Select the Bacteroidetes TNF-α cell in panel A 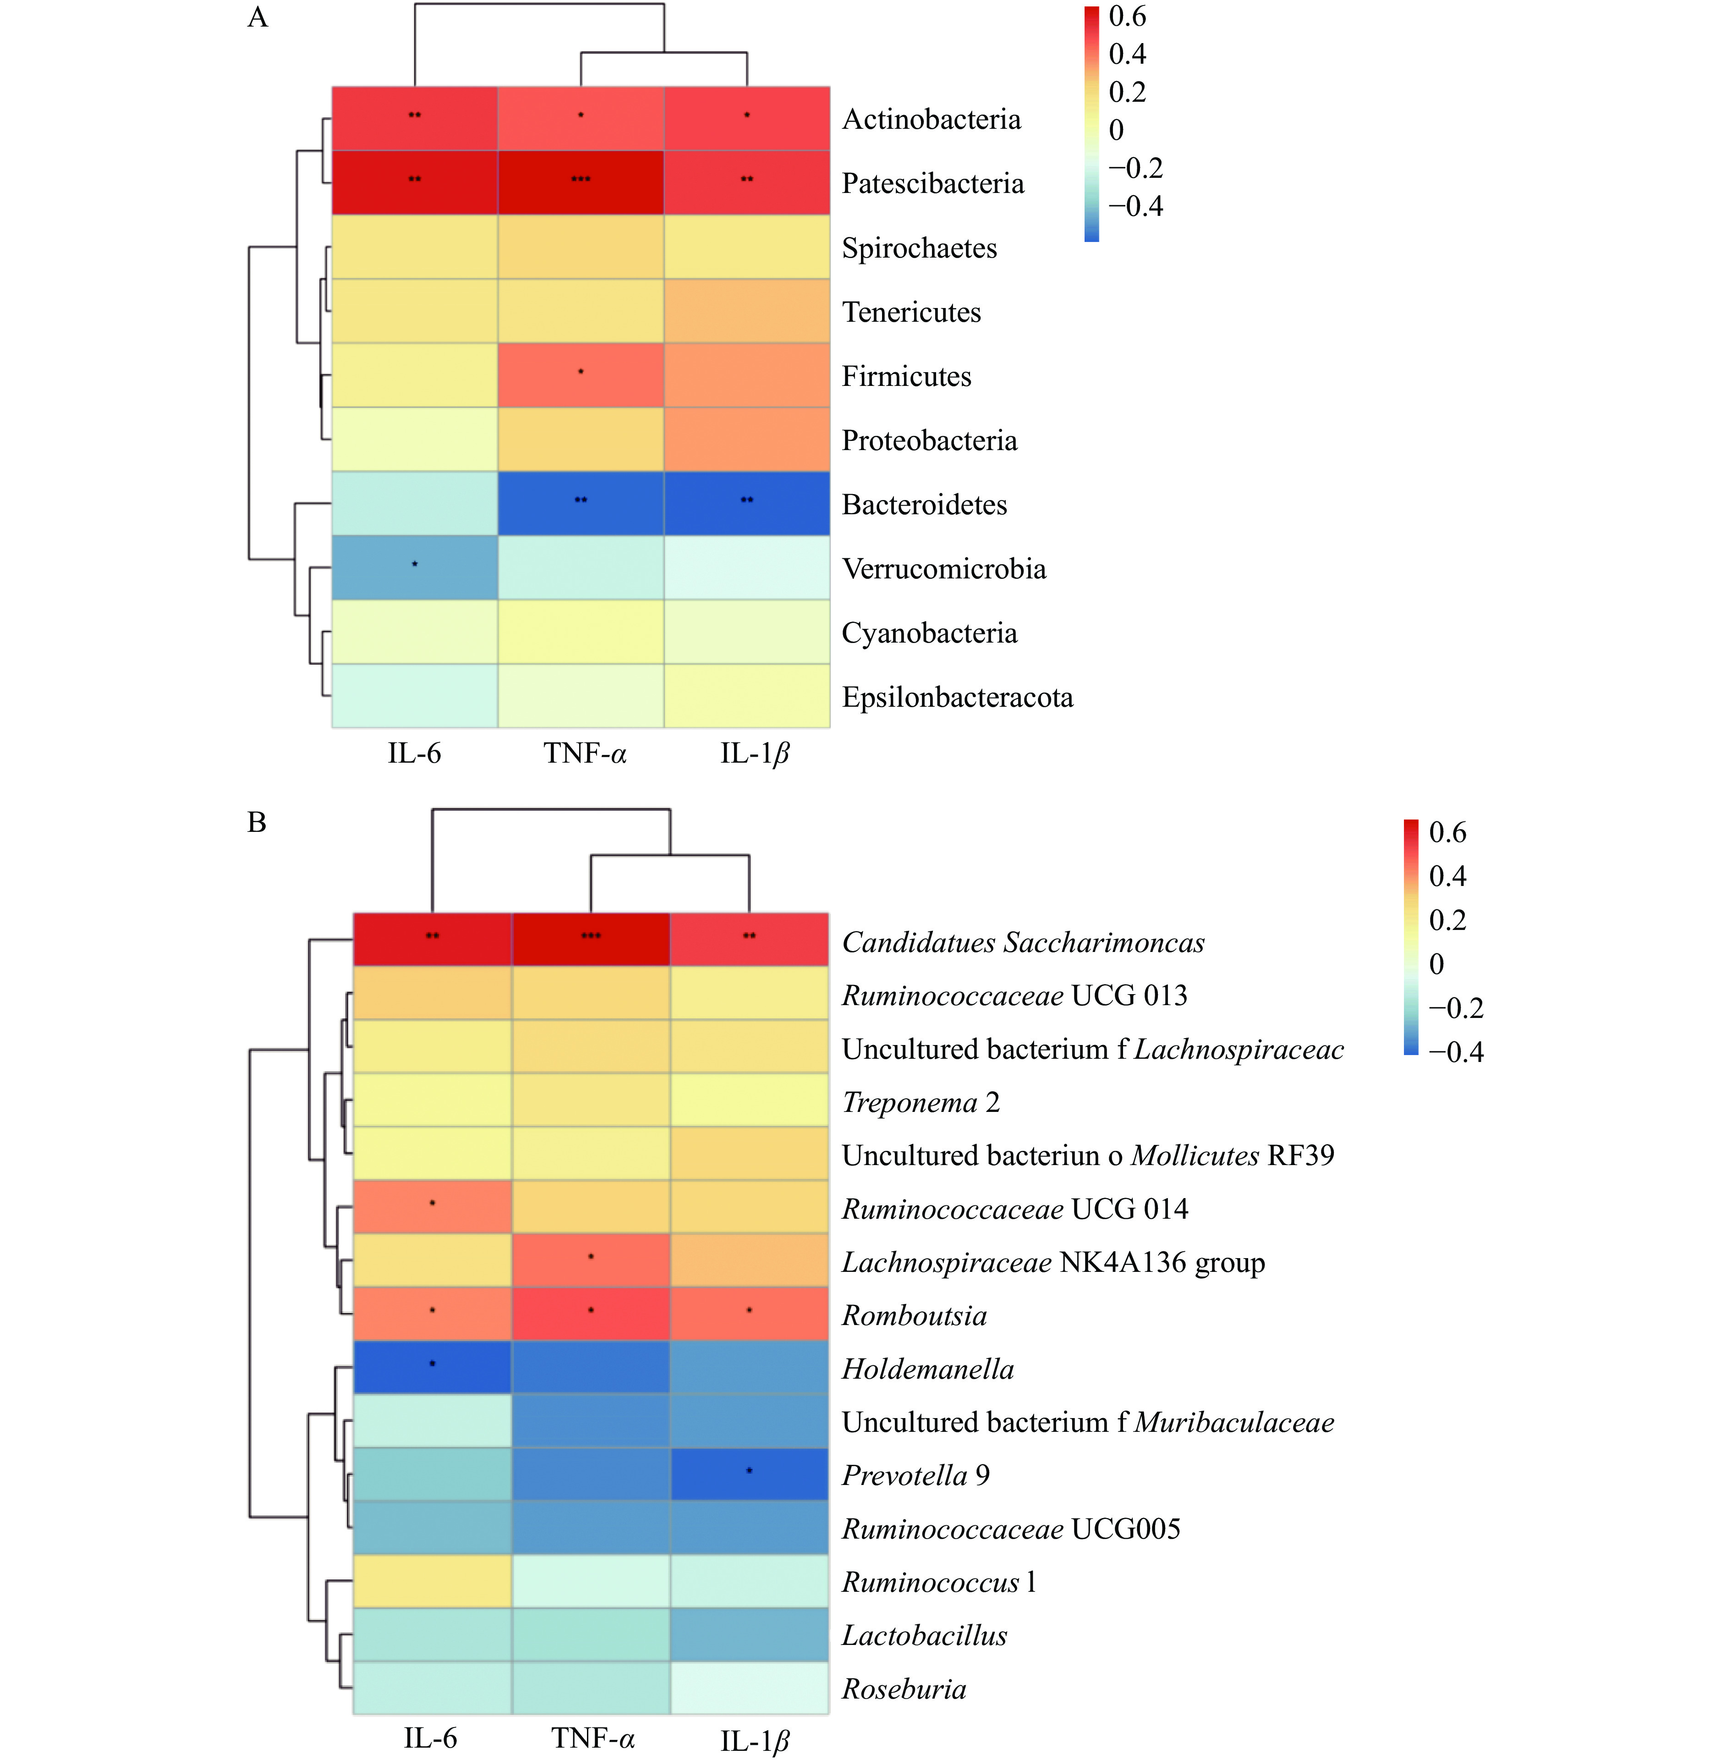tap(581, 503)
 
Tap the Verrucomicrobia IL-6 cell tap(415, 567)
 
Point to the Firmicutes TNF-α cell tap(581, 375)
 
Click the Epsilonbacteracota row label tap(957, 697)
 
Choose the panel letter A tap(258, 18)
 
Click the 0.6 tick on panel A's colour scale tap(1127, 16)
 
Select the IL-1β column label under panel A tap(754, 753)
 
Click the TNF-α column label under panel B tap(592, 1738)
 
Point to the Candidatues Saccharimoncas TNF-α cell tap(591, 939)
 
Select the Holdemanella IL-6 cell tap(432, 1367)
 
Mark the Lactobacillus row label tap(924, 1635)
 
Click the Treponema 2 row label tap(921, 1102)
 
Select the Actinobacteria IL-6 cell tap(415, 118)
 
